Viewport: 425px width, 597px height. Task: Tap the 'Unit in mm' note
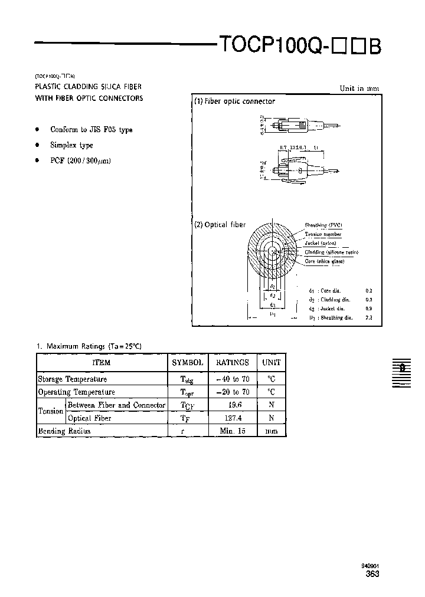pyautogui.click(x=359, y=88)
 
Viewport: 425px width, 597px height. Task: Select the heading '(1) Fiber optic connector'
pyautogui.click(x=235, y=101)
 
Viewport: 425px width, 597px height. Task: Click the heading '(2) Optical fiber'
pyautogui.click(x=220, y=225)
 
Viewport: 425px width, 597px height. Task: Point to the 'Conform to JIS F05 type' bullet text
pyautogui.click(x=91, y=130)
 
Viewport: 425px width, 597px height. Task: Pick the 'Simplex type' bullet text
pyautogui.click(x=71, y=145)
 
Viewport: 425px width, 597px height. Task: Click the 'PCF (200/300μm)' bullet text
pyautogui.click(x=81, y=160)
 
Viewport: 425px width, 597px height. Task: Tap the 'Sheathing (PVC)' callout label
pyautogui.click(x=323, y=225)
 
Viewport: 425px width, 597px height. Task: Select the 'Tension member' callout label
pyautogui.click(x=323, y=234)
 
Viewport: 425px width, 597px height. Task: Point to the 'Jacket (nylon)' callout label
pyautogui.click(x=321, y=243)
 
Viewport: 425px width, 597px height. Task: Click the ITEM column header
pyautogui.click(x=102, y=363)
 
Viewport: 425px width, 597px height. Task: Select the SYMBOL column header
pyautogui.click(x=188, y=363)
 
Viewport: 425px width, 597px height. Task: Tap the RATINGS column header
pyautogui.click(x=233, y=363)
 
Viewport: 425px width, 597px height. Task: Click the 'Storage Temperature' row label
pyautogui.click(x=73, y=379)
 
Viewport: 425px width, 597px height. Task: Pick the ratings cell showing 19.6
pyautogui.click(x=233, y=405)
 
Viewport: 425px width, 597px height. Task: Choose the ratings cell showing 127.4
pyautogui.click(x=233, y=418)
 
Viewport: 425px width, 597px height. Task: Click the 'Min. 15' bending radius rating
pyautogui.click(x=233, y=431)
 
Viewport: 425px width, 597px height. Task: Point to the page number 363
pyautogui.click(x=372, y=574)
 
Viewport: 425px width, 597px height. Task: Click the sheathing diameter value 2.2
pyautogui.click(x=369, y=318)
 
